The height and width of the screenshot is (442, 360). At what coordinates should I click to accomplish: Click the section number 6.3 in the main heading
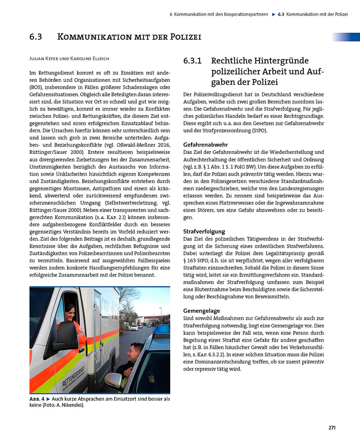(36, 37)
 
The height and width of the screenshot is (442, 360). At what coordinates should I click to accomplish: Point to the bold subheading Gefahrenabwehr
(205, 144)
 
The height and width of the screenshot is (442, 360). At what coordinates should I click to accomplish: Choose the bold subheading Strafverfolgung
(204, 231)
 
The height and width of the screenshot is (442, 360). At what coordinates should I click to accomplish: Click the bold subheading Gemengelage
(201, 311)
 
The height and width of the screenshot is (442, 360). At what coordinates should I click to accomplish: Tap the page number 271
(332, 428)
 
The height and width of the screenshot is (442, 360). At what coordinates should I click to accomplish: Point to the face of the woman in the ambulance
(70, 313)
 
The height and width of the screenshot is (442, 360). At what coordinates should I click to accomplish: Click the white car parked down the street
(134, 327)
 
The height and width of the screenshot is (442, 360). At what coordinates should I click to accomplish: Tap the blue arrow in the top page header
(273, 14)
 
